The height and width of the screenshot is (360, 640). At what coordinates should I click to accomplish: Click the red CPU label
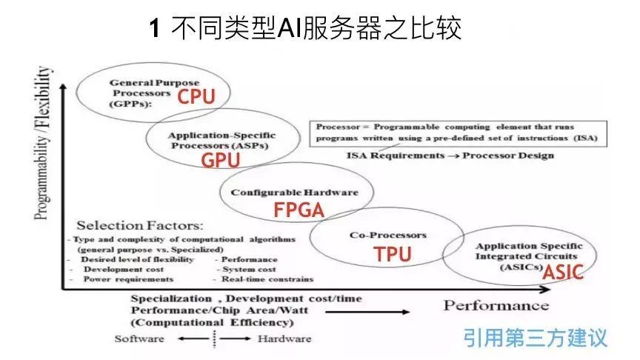[196, 96]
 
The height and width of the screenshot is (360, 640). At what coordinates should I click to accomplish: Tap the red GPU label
[221, 160]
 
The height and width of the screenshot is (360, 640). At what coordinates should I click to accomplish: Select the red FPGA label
[299, 210]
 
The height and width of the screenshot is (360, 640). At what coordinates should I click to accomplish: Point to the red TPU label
[393, 254]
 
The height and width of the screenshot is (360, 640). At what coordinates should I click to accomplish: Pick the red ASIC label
[563, 272]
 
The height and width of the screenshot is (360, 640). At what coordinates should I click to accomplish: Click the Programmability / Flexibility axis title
[42, 143]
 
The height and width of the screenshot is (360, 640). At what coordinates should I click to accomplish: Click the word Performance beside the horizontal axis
[496, 305]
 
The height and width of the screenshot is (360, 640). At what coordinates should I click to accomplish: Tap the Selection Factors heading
[139, 225]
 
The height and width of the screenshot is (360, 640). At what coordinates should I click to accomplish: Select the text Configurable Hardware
[294, 193]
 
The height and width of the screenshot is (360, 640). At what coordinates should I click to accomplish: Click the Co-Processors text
[387, 235]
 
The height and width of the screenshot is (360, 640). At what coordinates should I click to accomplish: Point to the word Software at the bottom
[139, 339]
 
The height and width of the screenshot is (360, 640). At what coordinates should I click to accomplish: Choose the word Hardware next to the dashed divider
[284, 339]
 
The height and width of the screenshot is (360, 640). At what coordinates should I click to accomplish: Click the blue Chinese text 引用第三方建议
[535, 338]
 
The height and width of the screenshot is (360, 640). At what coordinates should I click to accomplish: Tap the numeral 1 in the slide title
[155, 29]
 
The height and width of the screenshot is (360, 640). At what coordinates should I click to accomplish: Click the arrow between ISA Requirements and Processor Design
[453, 156]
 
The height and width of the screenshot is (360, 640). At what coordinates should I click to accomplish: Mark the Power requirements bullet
[128, 279]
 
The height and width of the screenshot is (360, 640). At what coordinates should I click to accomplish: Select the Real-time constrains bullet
[267, 279]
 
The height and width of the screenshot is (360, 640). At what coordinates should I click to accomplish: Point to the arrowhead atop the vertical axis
[63, 87]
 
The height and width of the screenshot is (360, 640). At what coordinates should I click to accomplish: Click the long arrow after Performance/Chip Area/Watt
[367, 313]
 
